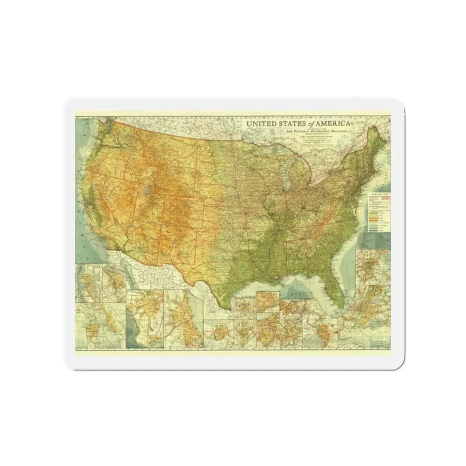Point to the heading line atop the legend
(x=380, y=195)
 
